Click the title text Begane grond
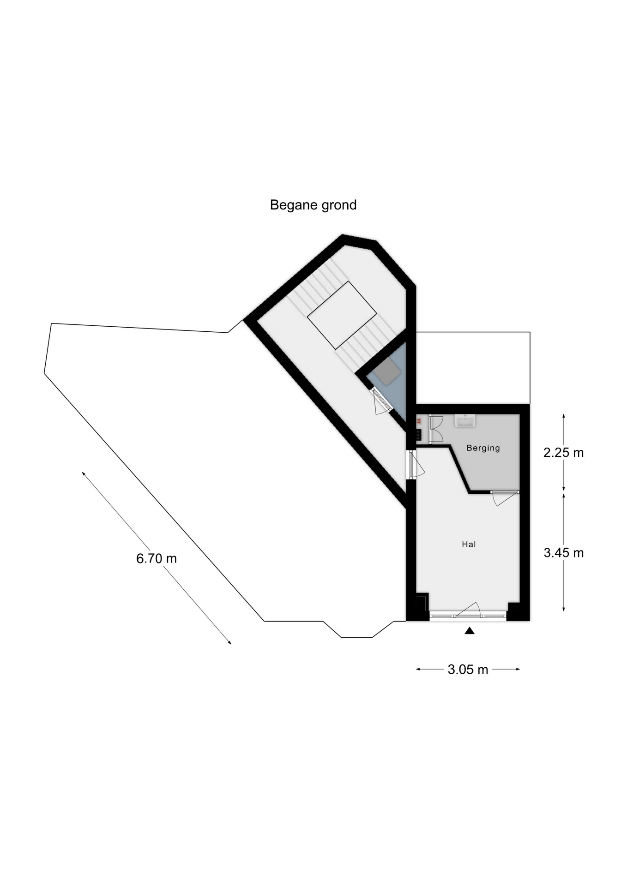(313, 205)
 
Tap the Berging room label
(483, 448)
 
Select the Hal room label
(469, 545)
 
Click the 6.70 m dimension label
(157, 558)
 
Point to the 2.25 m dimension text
(563, 453)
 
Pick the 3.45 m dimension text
(563, 552)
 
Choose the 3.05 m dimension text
(468, 670)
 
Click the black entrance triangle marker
(470, 631)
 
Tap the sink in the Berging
(465, 420)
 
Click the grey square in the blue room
(386, 371)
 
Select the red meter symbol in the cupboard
(419, 421)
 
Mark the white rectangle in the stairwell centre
(342, 315)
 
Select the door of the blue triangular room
(382, 402)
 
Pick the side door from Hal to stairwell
(416, 465)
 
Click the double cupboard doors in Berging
(436, 429)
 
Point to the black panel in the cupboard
(418, 435)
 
